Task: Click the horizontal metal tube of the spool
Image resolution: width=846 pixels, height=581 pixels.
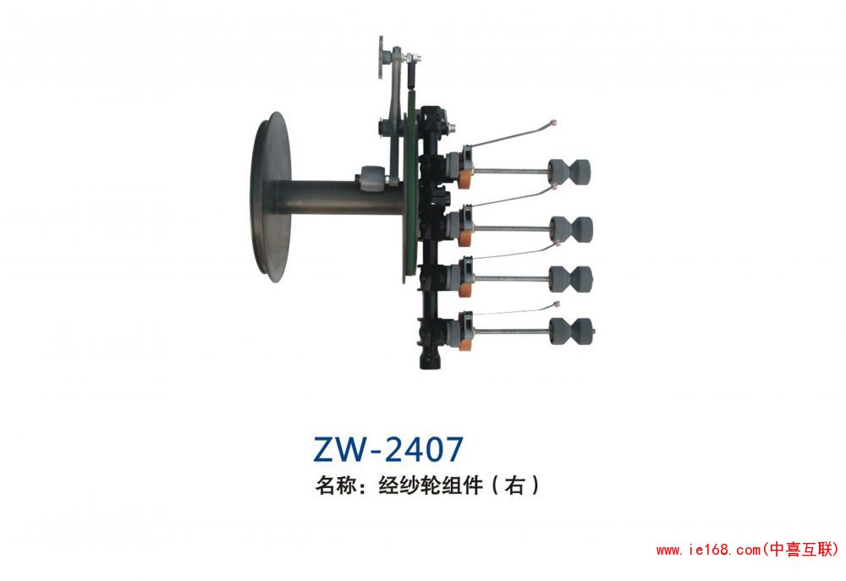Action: click(x=321, y=196)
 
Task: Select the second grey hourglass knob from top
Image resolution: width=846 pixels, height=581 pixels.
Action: click(x=571, y=227)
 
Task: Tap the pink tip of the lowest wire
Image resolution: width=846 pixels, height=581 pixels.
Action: click(x=555, y=302)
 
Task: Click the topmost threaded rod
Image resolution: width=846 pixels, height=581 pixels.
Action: click(x=512, y=172)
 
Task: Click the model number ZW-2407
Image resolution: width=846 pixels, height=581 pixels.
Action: click(x=388, y=448)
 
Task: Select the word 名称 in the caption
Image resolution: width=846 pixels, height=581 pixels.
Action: click(x=333, y=485)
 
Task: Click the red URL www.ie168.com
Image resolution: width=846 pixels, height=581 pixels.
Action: click(x=708, y=550)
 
